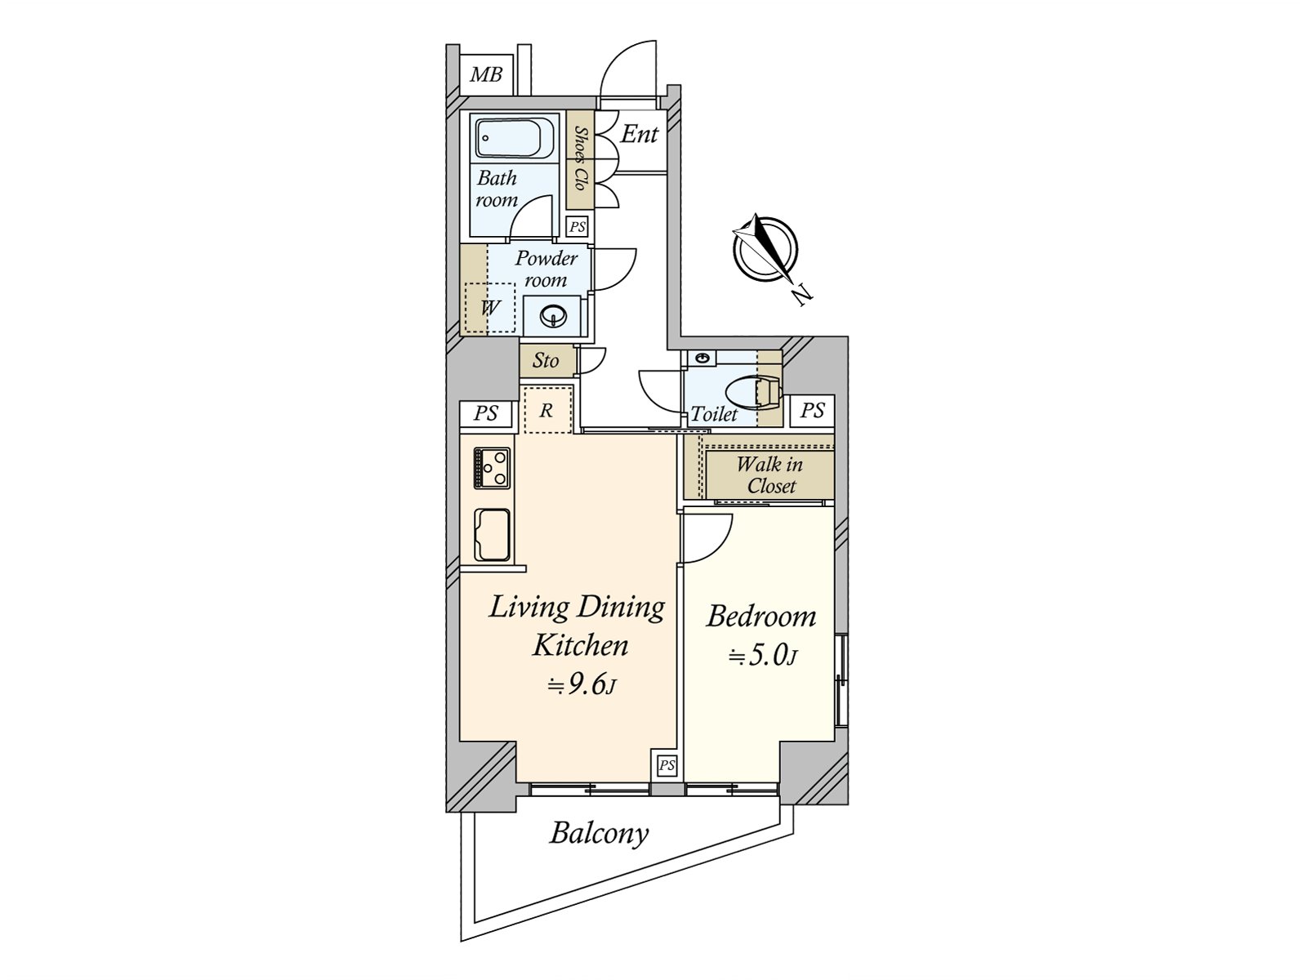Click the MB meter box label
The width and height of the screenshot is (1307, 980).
(487, 75)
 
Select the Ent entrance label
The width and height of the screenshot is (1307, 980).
(639, 135)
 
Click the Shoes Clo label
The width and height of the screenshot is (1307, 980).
(580, 159)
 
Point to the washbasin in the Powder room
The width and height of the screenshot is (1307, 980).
(553, 315)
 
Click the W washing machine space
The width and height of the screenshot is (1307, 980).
(490, 308)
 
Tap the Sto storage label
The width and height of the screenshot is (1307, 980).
(546, 361)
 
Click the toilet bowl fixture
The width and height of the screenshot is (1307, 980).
(753, 393)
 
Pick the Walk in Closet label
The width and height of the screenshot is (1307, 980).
(770, 474)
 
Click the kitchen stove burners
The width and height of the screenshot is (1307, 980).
(492, 468)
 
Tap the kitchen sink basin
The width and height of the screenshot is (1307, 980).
(492, 534)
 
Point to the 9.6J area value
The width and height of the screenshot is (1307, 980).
(582, 686)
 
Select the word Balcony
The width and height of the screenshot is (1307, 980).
(599, 834)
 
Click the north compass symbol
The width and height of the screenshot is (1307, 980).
(765, 249)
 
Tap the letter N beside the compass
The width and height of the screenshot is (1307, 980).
(803, 296)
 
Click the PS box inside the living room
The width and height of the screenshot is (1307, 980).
(667, 764)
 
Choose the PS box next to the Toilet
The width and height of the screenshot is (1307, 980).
(812, 411)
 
